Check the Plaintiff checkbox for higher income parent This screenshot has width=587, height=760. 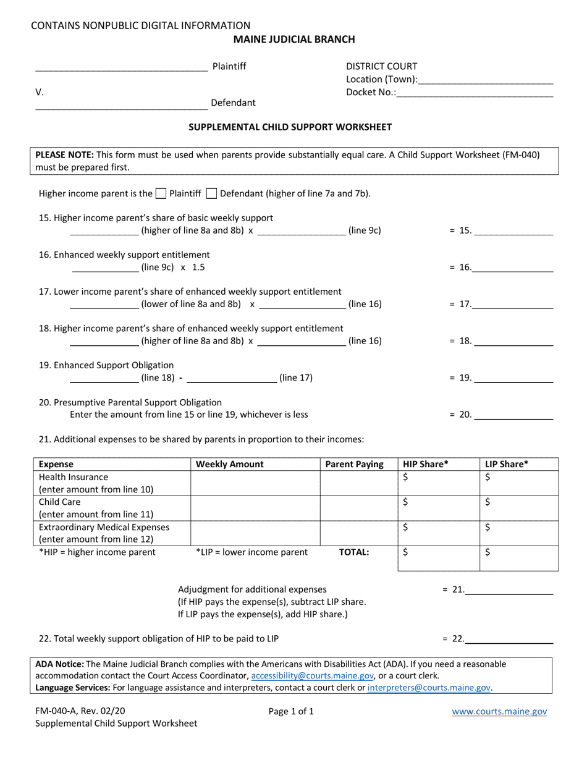pos(161,193)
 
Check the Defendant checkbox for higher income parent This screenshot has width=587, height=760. pos(211,193)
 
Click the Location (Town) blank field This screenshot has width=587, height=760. pos(486,80)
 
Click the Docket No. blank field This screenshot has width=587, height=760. pos(475,93)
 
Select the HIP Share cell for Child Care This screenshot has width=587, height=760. pos(439,508)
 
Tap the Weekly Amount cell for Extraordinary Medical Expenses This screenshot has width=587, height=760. pos(255,533)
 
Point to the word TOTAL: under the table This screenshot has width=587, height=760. pos(354,552)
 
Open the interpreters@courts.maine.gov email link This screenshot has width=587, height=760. pos(429,687)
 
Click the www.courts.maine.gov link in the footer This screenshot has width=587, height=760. pos(499,712)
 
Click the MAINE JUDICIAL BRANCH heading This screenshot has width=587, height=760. pos(293,40)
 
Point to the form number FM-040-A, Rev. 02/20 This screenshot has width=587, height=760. pos(83,711)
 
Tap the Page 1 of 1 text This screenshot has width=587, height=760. pos(291,711)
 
